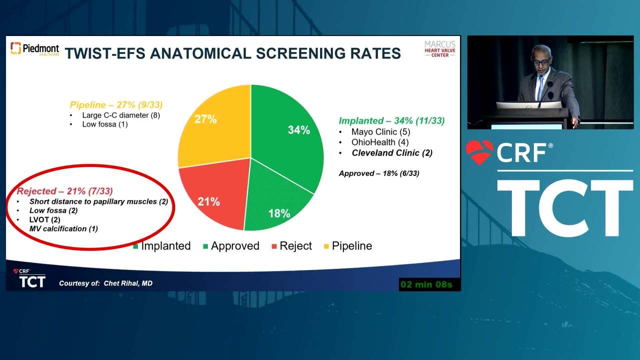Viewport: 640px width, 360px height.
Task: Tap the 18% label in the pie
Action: [279, 213]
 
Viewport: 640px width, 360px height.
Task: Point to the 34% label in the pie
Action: [299, 130]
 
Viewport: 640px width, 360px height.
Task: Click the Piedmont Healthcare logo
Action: [35, 48]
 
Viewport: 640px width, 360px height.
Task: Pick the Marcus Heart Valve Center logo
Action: [439, 49]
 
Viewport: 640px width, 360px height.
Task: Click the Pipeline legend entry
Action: [347, 245]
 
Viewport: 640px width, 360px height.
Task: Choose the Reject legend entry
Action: [291, 245]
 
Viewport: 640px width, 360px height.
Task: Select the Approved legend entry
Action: [231, 245]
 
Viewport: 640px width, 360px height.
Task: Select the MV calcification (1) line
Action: [63, 228]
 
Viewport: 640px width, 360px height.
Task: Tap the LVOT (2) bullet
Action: [45, 219]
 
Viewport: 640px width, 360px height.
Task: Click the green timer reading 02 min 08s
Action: [426, 284]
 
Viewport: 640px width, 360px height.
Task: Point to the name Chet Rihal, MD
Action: [128, 283]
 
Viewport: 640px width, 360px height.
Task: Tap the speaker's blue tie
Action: [540, 88]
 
